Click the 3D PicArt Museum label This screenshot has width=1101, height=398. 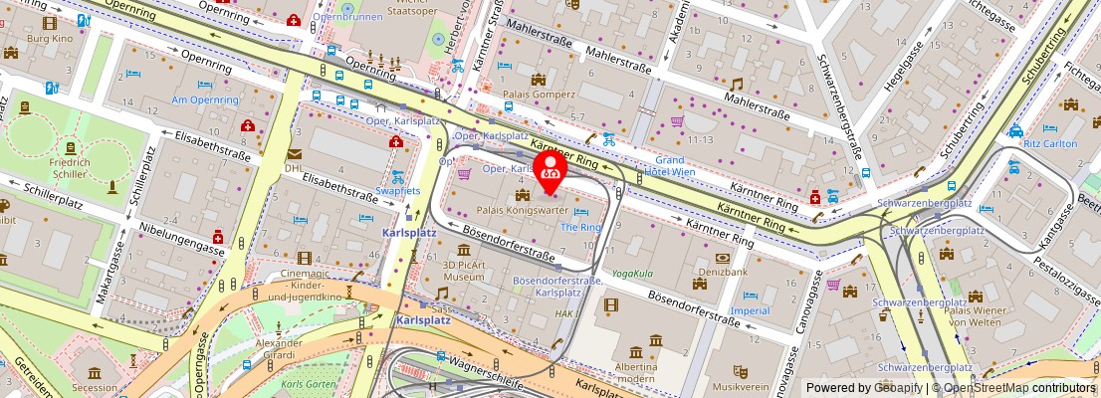(464, 271)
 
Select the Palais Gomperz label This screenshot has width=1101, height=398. (540, 95)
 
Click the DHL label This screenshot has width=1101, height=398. (294, 168)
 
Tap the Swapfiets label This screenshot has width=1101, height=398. (397, 189)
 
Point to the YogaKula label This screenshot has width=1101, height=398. (632, 273)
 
